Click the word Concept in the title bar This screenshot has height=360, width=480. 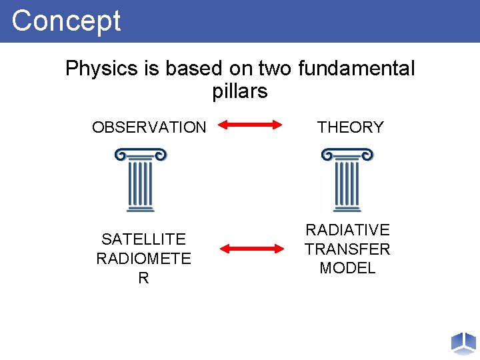point(66,21)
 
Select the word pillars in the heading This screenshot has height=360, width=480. point(240,91)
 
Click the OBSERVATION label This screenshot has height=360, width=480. point(149,127)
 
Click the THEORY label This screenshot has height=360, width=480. point(351,127)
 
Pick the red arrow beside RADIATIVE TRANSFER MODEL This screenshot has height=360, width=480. point(252,249)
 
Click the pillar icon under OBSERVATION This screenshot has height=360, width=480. point(140,180)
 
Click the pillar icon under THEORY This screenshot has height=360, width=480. point(347,180)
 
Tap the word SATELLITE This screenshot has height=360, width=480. point(143,239)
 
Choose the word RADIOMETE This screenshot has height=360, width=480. point(143,259)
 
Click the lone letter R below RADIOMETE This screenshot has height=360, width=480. point(143,278)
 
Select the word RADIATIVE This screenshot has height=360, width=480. point(347,230)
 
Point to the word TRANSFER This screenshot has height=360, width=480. point(347,249)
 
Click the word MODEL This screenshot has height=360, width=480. point(347,268)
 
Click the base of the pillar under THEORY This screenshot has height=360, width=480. point(347,209)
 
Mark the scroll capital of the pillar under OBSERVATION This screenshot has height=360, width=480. point(140,155)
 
